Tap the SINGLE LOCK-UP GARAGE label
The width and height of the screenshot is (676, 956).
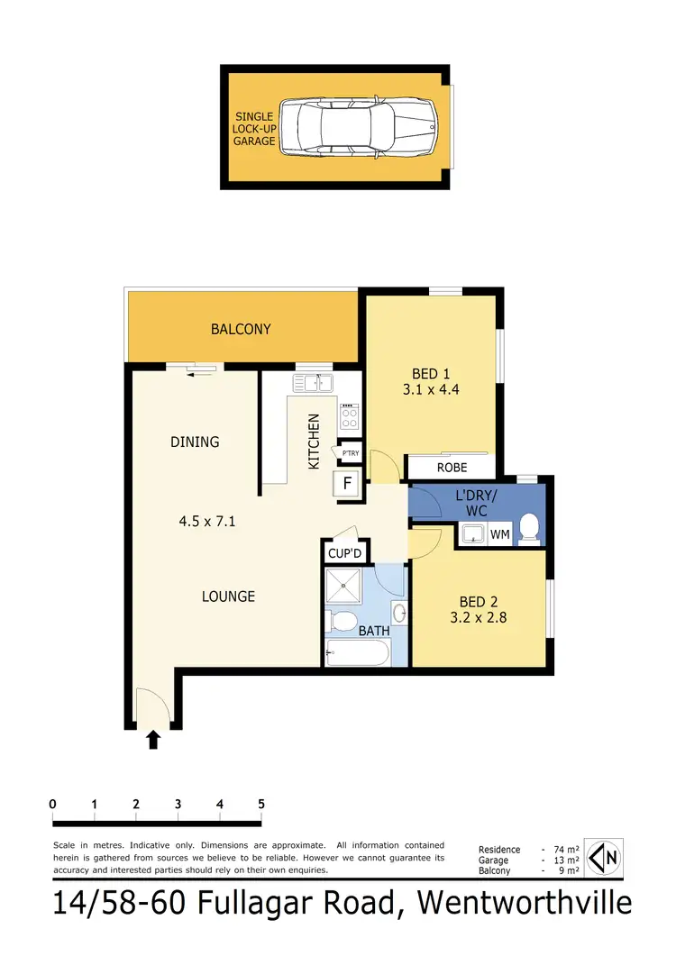pyautogui.click(x=255, y=129)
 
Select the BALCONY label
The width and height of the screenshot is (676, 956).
pyautogui.click(x=241, y=329)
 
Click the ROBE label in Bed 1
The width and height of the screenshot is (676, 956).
pyautogui.click(x=452, y=468)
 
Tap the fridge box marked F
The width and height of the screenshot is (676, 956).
pyautogui.click(x=347, y=483)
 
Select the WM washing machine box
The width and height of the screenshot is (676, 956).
pyautogui.click(x=500, y=534)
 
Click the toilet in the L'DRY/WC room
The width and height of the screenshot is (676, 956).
pyautogui.click(x=531, y=529)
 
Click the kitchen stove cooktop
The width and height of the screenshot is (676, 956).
pyautogui.click(x=349, y=415)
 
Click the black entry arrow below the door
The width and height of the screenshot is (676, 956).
pyautogui.click(x=153, y=740)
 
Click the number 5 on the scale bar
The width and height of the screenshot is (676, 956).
pyautogui.click(x=261, y=804)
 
